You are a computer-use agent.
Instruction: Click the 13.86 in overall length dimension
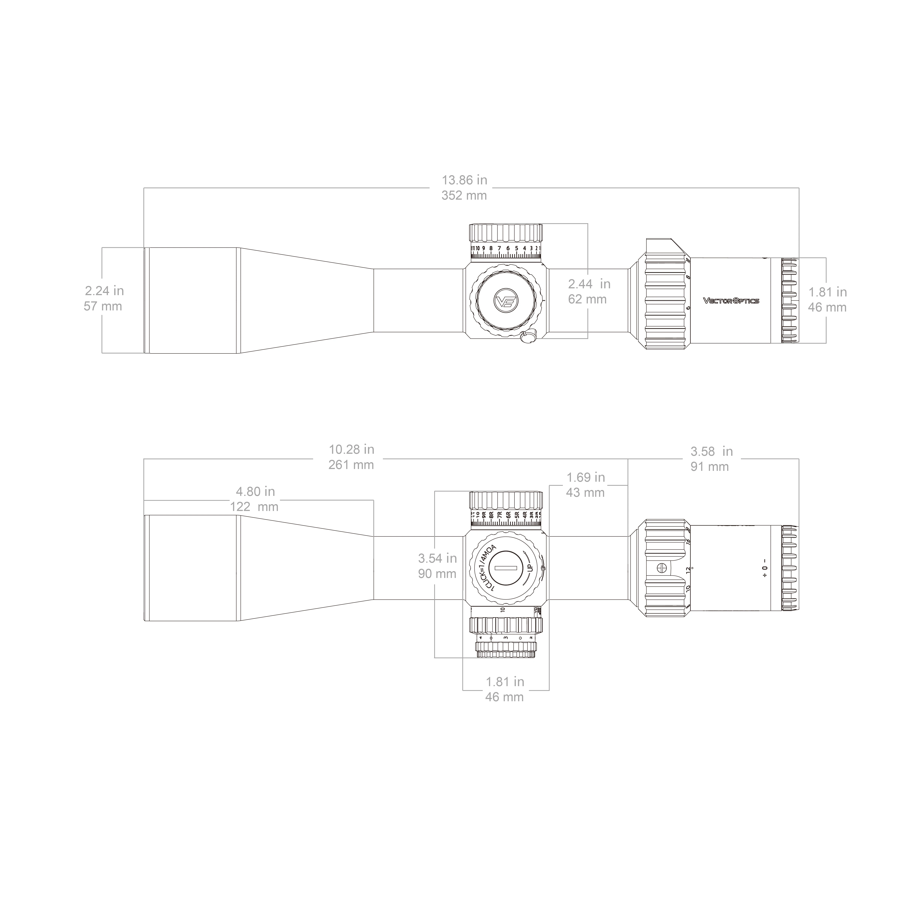point(464,180)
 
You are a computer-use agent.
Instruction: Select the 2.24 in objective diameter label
point(104,291)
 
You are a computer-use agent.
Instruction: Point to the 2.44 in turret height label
point(589,284)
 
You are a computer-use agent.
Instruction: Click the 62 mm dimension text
point(587,300)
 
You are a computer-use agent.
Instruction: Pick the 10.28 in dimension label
point(351,450)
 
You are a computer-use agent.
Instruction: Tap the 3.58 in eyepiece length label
point(711,451)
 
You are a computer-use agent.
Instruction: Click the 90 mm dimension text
point(437,574)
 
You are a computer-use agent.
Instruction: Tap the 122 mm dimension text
point(254,507)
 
